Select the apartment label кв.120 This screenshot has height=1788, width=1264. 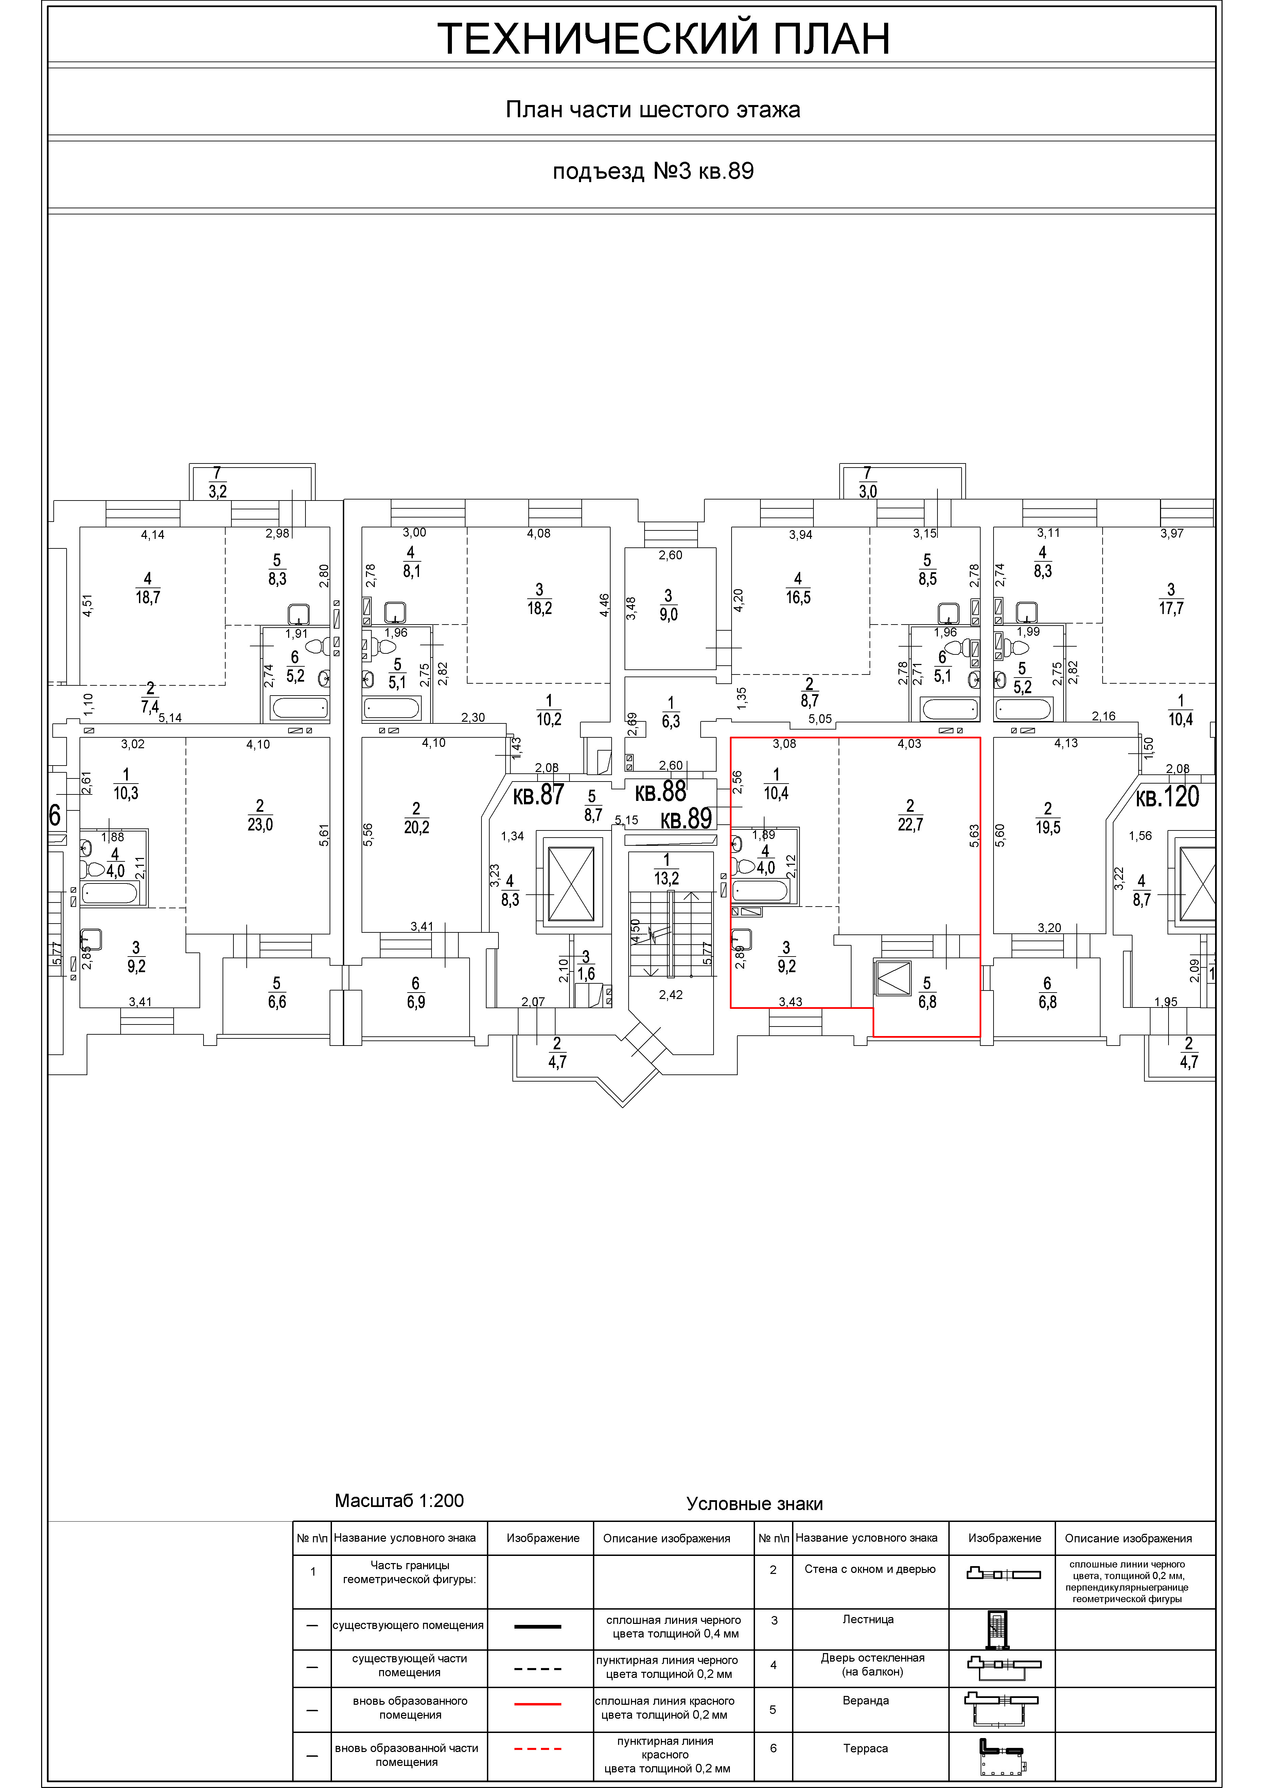[x=1168, y=797]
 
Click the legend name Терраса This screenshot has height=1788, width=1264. [x=865, y=1748]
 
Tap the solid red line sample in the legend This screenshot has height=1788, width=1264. [x=538, y=1704]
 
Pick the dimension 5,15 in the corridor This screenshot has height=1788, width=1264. [x=626, y=820]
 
